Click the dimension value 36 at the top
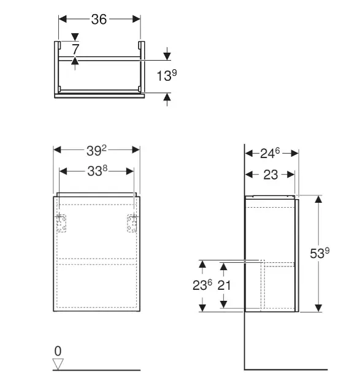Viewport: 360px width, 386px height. point(99,20)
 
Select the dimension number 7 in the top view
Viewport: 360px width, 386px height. point(74,48)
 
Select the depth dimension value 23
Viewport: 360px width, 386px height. point(270,175)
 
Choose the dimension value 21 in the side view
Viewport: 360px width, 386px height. point(224,286)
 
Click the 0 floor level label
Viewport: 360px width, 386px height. point(58,351)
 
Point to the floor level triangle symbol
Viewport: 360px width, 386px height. point(58,364)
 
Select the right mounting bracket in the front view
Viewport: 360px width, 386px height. point(131,224)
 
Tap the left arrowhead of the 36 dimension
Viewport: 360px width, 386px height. point(61,20)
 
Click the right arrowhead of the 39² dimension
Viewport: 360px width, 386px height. point(137,150)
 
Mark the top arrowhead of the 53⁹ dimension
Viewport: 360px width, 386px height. point(318,199)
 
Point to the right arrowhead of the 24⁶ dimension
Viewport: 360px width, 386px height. point(295,153)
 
